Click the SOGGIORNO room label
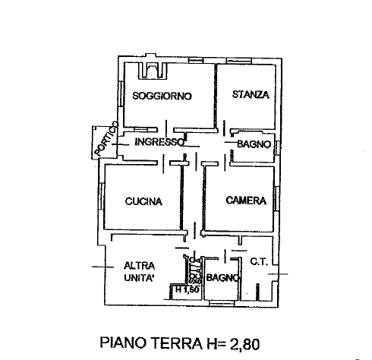point(161,96)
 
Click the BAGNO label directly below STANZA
point(254,144)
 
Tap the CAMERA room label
point(246,201)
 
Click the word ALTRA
point(140,265)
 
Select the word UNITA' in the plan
point(140,278)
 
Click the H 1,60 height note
point(186,289)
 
